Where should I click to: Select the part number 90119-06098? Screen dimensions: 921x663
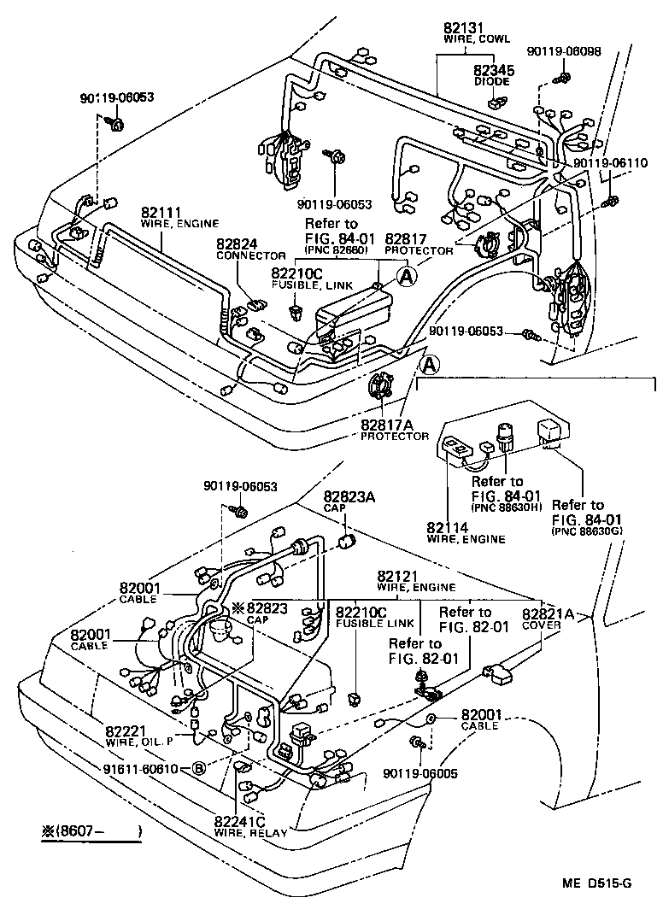tap(563, 51)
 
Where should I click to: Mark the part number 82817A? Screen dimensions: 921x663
tap(394, 424)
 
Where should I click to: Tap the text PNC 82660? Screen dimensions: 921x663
tap(334, 250)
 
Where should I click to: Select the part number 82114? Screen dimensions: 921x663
tap(448, 527)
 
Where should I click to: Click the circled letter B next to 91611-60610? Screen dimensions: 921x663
tap(198, 769)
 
